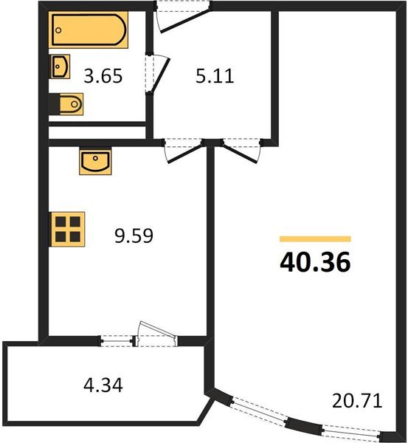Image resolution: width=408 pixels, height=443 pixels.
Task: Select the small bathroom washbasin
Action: click(60, 67)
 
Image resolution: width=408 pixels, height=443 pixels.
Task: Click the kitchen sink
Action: click(94, 160)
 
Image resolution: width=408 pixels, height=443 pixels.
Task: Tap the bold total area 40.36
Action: click(314, 262)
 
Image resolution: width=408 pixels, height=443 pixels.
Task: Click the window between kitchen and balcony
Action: click(117, 340)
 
